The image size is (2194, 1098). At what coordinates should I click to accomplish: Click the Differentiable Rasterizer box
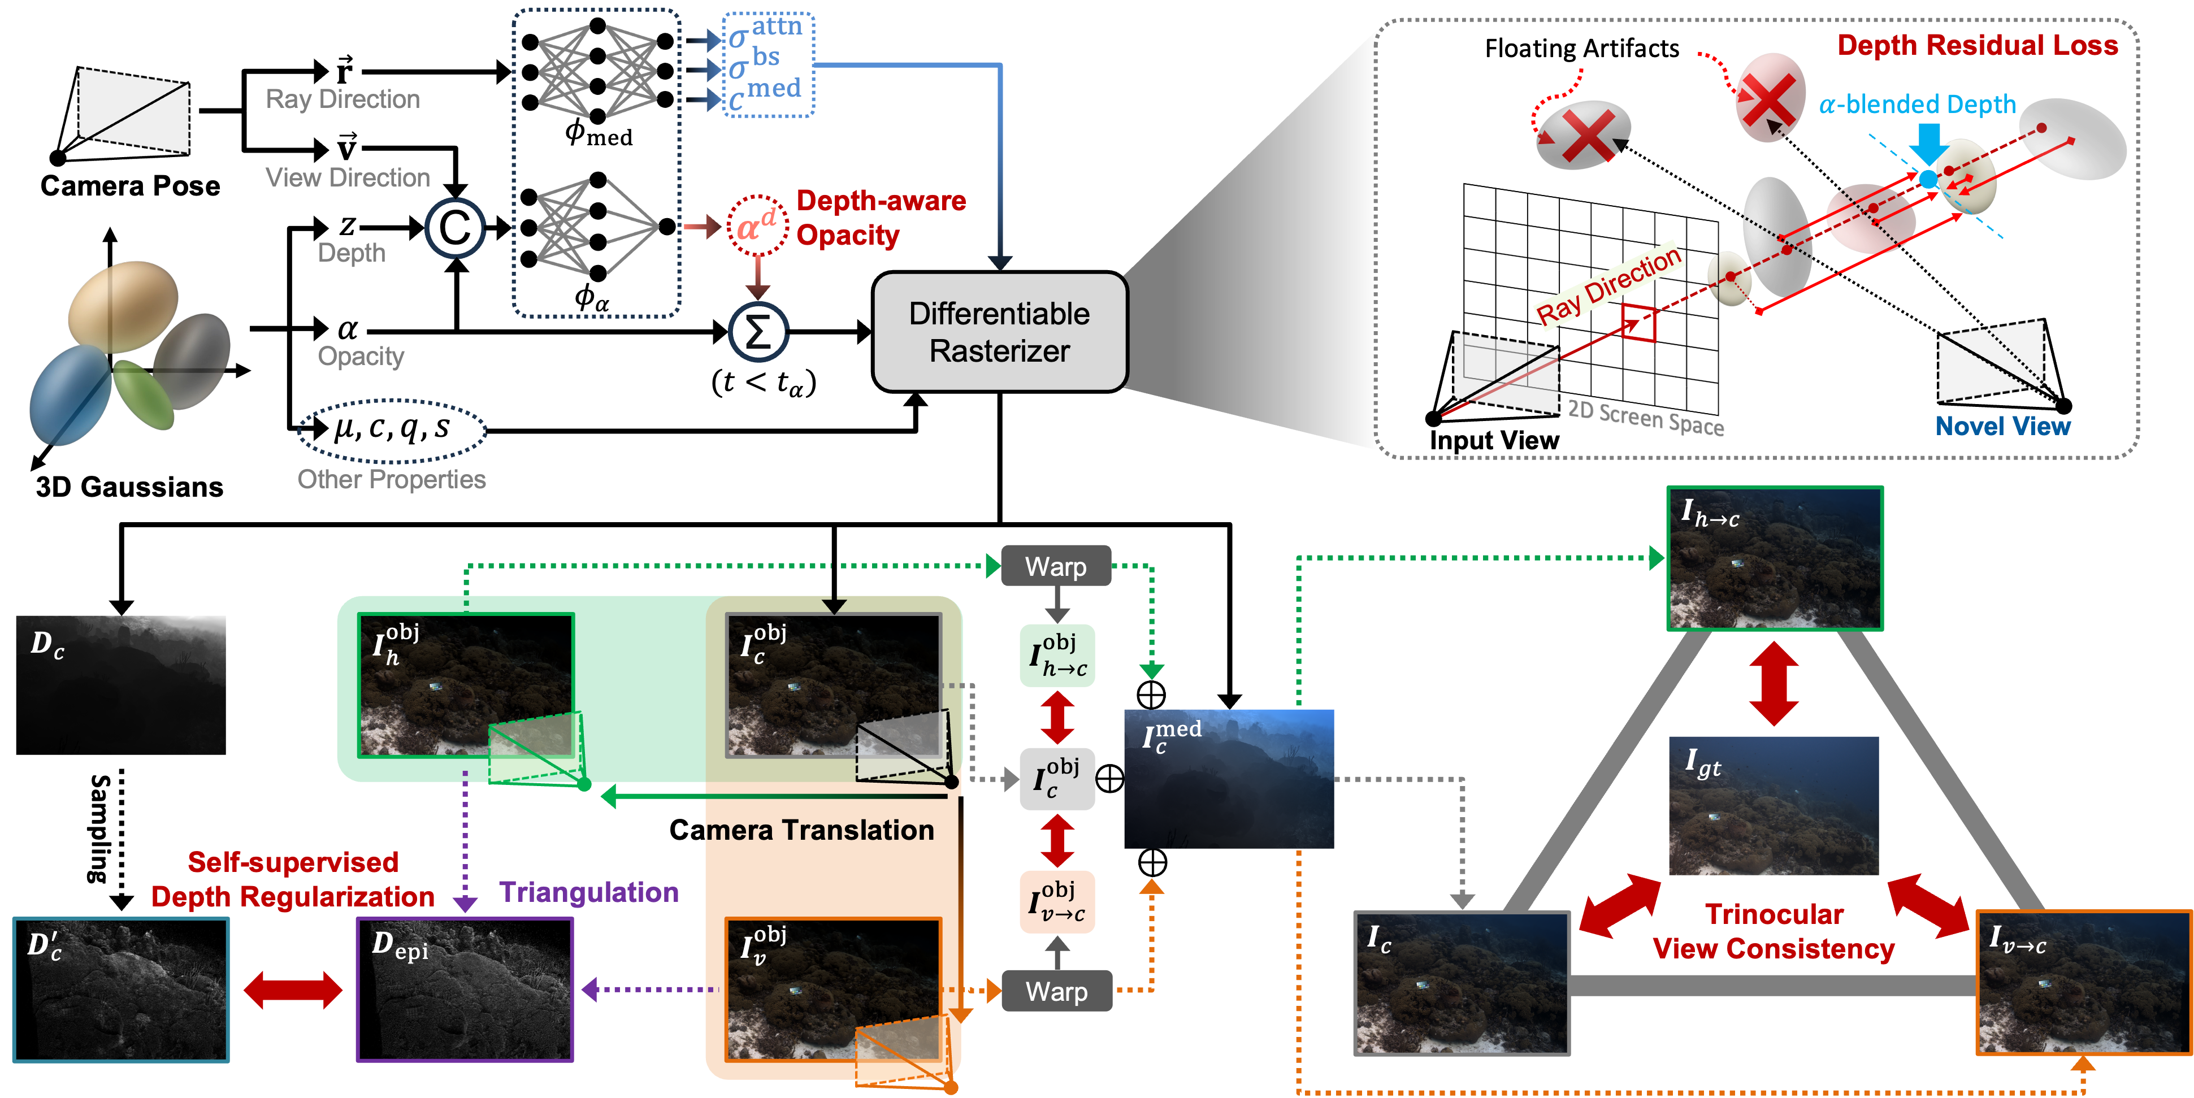(1000, 332)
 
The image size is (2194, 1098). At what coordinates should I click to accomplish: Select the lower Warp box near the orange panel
(1056, 991)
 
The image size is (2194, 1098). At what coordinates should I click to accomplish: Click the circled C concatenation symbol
(455, 228)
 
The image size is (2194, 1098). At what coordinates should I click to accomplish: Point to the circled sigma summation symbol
(758, 332)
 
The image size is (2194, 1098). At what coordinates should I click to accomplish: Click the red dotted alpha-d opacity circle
(757, 227)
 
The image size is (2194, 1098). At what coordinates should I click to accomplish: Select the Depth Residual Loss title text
(1977, 45)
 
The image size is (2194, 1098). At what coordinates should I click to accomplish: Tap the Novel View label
(2002, 426)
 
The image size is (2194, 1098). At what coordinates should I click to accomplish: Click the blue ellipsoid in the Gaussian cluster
(70, 394)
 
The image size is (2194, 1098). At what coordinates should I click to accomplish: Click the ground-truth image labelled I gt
(1774, 806)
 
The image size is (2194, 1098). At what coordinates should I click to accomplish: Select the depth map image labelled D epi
(464, 990)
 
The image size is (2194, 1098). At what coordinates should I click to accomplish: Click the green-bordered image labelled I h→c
(1774, 559)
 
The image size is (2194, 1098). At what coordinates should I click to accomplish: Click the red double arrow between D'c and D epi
(292, 990)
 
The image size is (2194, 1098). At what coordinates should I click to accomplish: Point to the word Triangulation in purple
(588, 892)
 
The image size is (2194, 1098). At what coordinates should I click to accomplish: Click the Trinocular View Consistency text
(1774, 931)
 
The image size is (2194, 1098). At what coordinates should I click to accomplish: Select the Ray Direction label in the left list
(342, 99)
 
